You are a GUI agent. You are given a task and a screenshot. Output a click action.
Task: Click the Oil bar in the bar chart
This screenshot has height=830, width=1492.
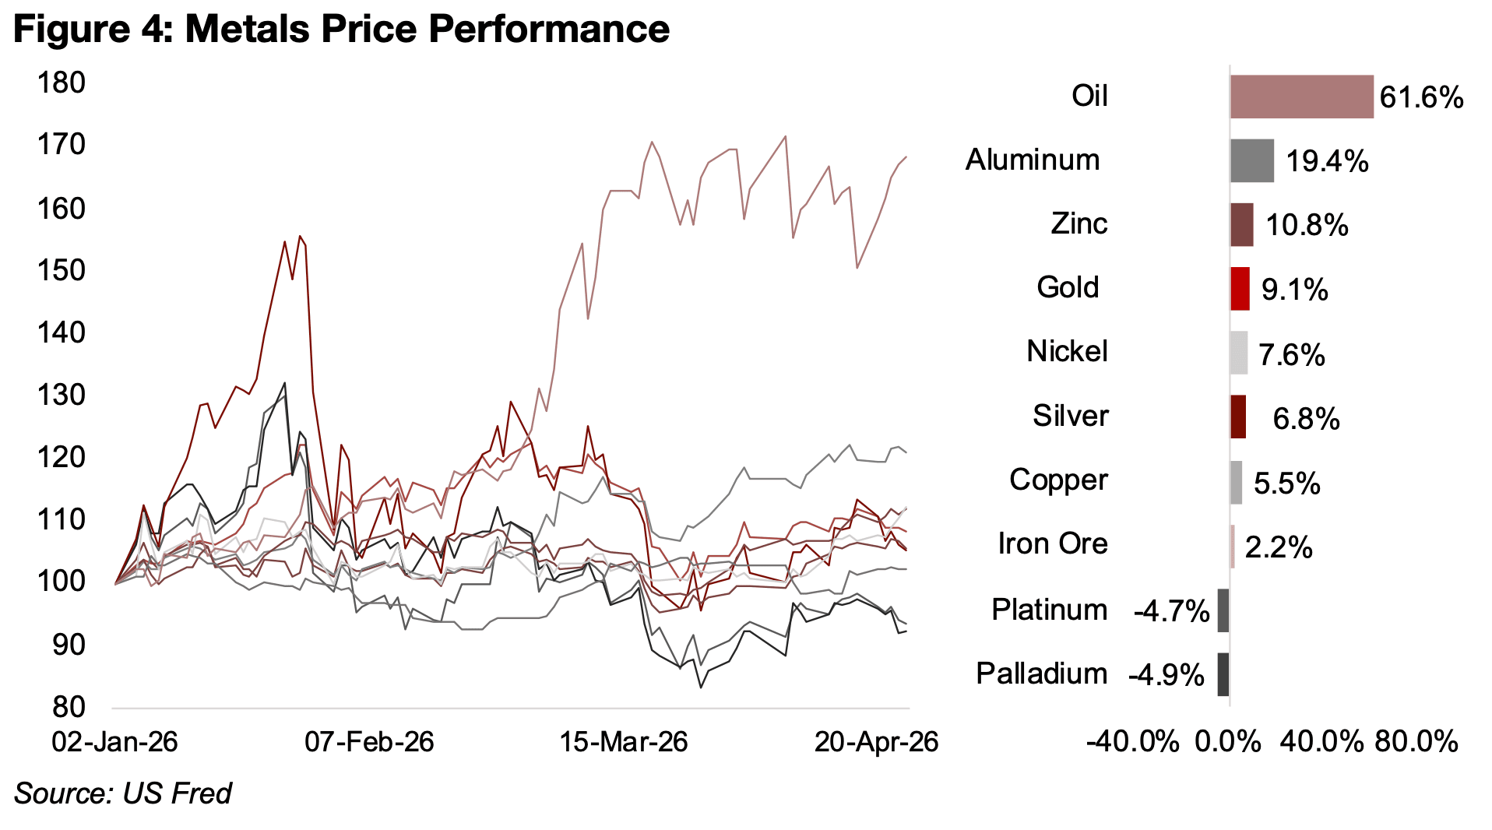1300,97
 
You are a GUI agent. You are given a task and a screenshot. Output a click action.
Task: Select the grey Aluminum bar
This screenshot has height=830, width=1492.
1251,160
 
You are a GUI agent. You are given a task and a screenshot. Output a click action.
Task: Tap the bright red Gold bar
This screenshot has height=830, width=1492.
1240,289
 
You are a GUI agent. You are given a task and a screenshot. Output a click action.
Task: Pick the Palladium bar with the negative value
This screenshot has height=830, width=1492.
1223,674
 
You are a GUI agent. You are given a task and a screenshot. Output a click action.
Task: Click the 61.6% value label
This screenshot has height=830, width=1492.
1421,98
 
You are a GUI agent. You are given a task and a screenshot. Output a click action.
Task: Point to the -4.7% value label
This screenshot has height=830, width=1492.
1171,611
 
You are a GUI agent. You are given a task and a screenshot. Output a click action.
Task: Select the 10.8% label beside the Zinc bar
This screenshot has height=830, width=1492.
1307,226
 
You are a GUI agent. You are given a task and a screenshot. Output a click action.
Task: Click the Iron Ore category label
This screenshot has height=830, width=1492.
1052,543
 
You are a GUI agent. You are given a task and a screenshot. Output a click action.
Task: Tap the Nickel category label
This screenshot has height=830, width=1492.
1066,351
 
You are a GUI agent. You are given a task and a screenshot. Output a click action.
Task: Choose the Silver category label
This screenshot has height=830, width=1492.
1070,416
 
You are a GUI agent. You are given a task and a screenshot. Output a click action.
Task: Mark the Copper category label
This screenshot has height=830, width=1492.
1057,480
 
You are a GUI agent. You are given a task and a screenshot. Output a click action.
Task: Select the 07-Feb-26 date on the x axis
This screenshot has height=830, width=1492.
368,742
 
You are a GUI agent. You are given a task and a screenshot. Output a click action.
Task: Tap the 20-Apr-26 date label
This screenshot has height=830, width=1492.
876,742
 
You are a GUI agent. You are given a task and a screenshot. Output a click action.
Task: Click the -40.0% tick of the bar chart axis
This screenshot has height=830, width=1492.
1132,742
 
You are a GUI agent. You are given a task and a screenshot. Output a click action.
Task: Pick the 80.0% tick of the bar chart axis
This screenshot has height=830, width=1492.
1416,742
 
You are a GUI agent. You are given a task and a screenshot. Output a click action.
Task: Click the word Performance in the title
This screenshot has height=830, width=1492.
548,29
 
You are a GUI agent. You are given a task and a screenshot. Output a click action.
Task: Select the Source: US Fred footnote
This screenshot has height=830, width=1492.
122,793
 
